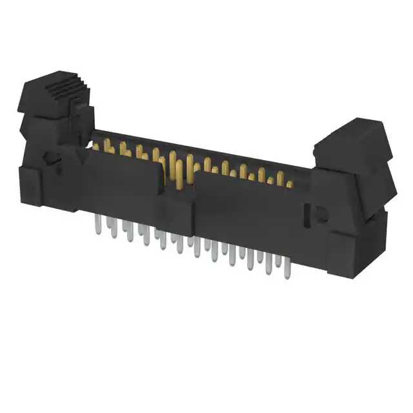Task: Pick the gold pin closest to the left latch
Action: point(96,146)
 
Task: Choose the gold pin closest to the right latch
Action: point(290,184)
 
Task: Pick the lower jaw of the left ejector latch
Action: point(39,126)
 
